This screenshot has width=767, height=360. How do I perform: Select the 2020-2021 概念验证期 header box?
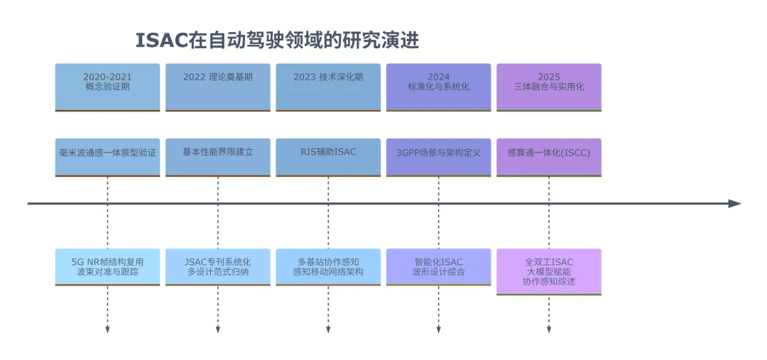107,87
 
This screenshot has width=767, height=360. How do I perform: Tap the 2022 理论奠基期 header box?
218,87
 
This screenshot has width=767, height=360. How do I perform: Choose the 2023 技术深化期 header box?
328,87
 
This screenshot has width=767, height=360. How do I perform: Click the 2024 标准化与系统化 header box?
439,87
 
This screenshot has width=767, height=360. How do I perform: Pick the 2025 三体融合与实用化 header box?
549,87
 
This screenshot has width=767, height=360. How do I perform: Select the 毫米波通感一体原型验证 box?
107,157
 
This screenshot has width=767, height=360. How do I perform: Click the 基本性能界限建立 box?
218,157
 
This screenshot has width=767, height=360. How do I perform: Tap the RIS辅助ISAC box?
328,157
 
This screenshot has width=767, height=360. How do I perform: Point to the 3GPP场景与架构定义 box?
439,157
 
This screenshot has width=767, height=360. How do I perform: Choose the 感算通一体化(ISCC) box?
549,157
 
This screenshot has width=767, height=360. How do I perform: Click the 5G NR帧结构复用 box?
107,267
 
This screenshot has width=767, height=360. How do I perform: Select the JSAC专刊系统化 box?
218,267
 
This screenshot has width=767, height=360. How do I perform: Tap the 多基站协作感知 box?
328,267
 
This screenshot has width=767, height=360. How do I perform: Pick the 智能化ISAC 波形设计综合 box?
439,267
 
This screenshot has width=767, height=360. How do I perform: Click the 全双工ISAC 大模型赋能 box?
549,272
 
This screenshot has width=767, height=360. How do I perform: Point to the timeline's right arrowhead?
735,204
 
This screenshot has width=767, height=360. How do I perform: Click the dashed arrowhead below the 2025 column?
549,330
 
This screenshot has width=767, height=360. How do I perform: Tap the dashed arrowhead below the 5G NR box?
107,330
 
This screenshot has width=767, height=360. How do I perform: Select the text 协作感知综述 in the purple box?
549,282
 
